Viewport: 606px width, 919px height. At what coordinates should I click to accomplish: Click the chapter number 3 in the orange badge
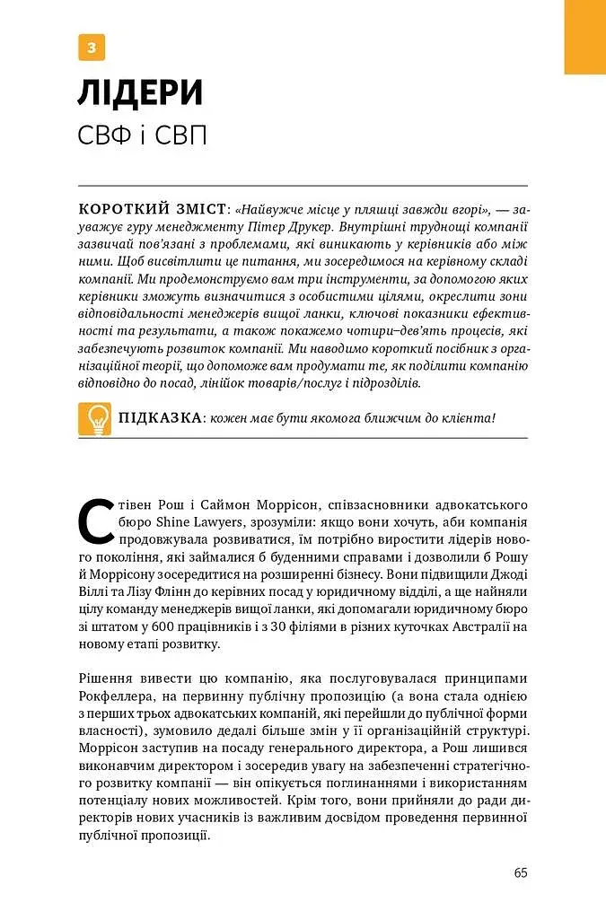point(92,47)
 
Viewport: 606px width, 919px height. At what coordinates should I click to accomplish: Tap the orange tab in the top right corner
point(584,37)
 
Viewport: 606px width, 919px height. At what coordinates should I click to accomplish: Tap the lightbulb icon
point(94,419)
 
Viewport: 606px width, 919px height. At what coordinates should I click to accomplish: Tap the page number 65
point(522,873)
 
